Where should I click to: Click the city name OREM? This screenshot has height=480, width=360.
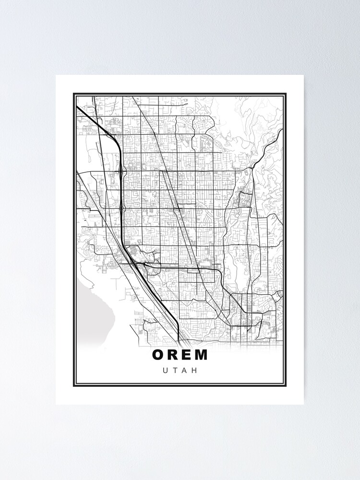[x=180, y=355]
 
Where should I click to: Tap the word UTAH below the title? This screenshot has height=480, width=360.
[x=180, y=371]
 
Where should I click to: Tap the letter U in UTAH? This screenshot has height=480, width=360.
[x=165, y=371]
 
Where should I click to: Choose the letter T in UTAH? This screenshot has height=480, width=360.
[x=175, y=371]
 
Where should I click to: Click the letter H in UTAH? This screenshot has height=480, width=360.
[x=195, y=371]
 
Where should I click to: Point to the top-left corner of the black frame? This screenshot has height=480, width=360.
[x=73, y=94]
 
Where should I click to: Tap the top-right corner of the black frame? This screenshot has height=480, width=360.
[x=286, y=94]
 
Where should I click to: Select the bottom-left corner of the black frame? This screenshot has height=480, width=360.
[x=73, y=386]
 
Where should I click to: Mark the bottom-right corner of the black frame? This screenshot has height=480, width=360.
[x=286, y=386]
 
